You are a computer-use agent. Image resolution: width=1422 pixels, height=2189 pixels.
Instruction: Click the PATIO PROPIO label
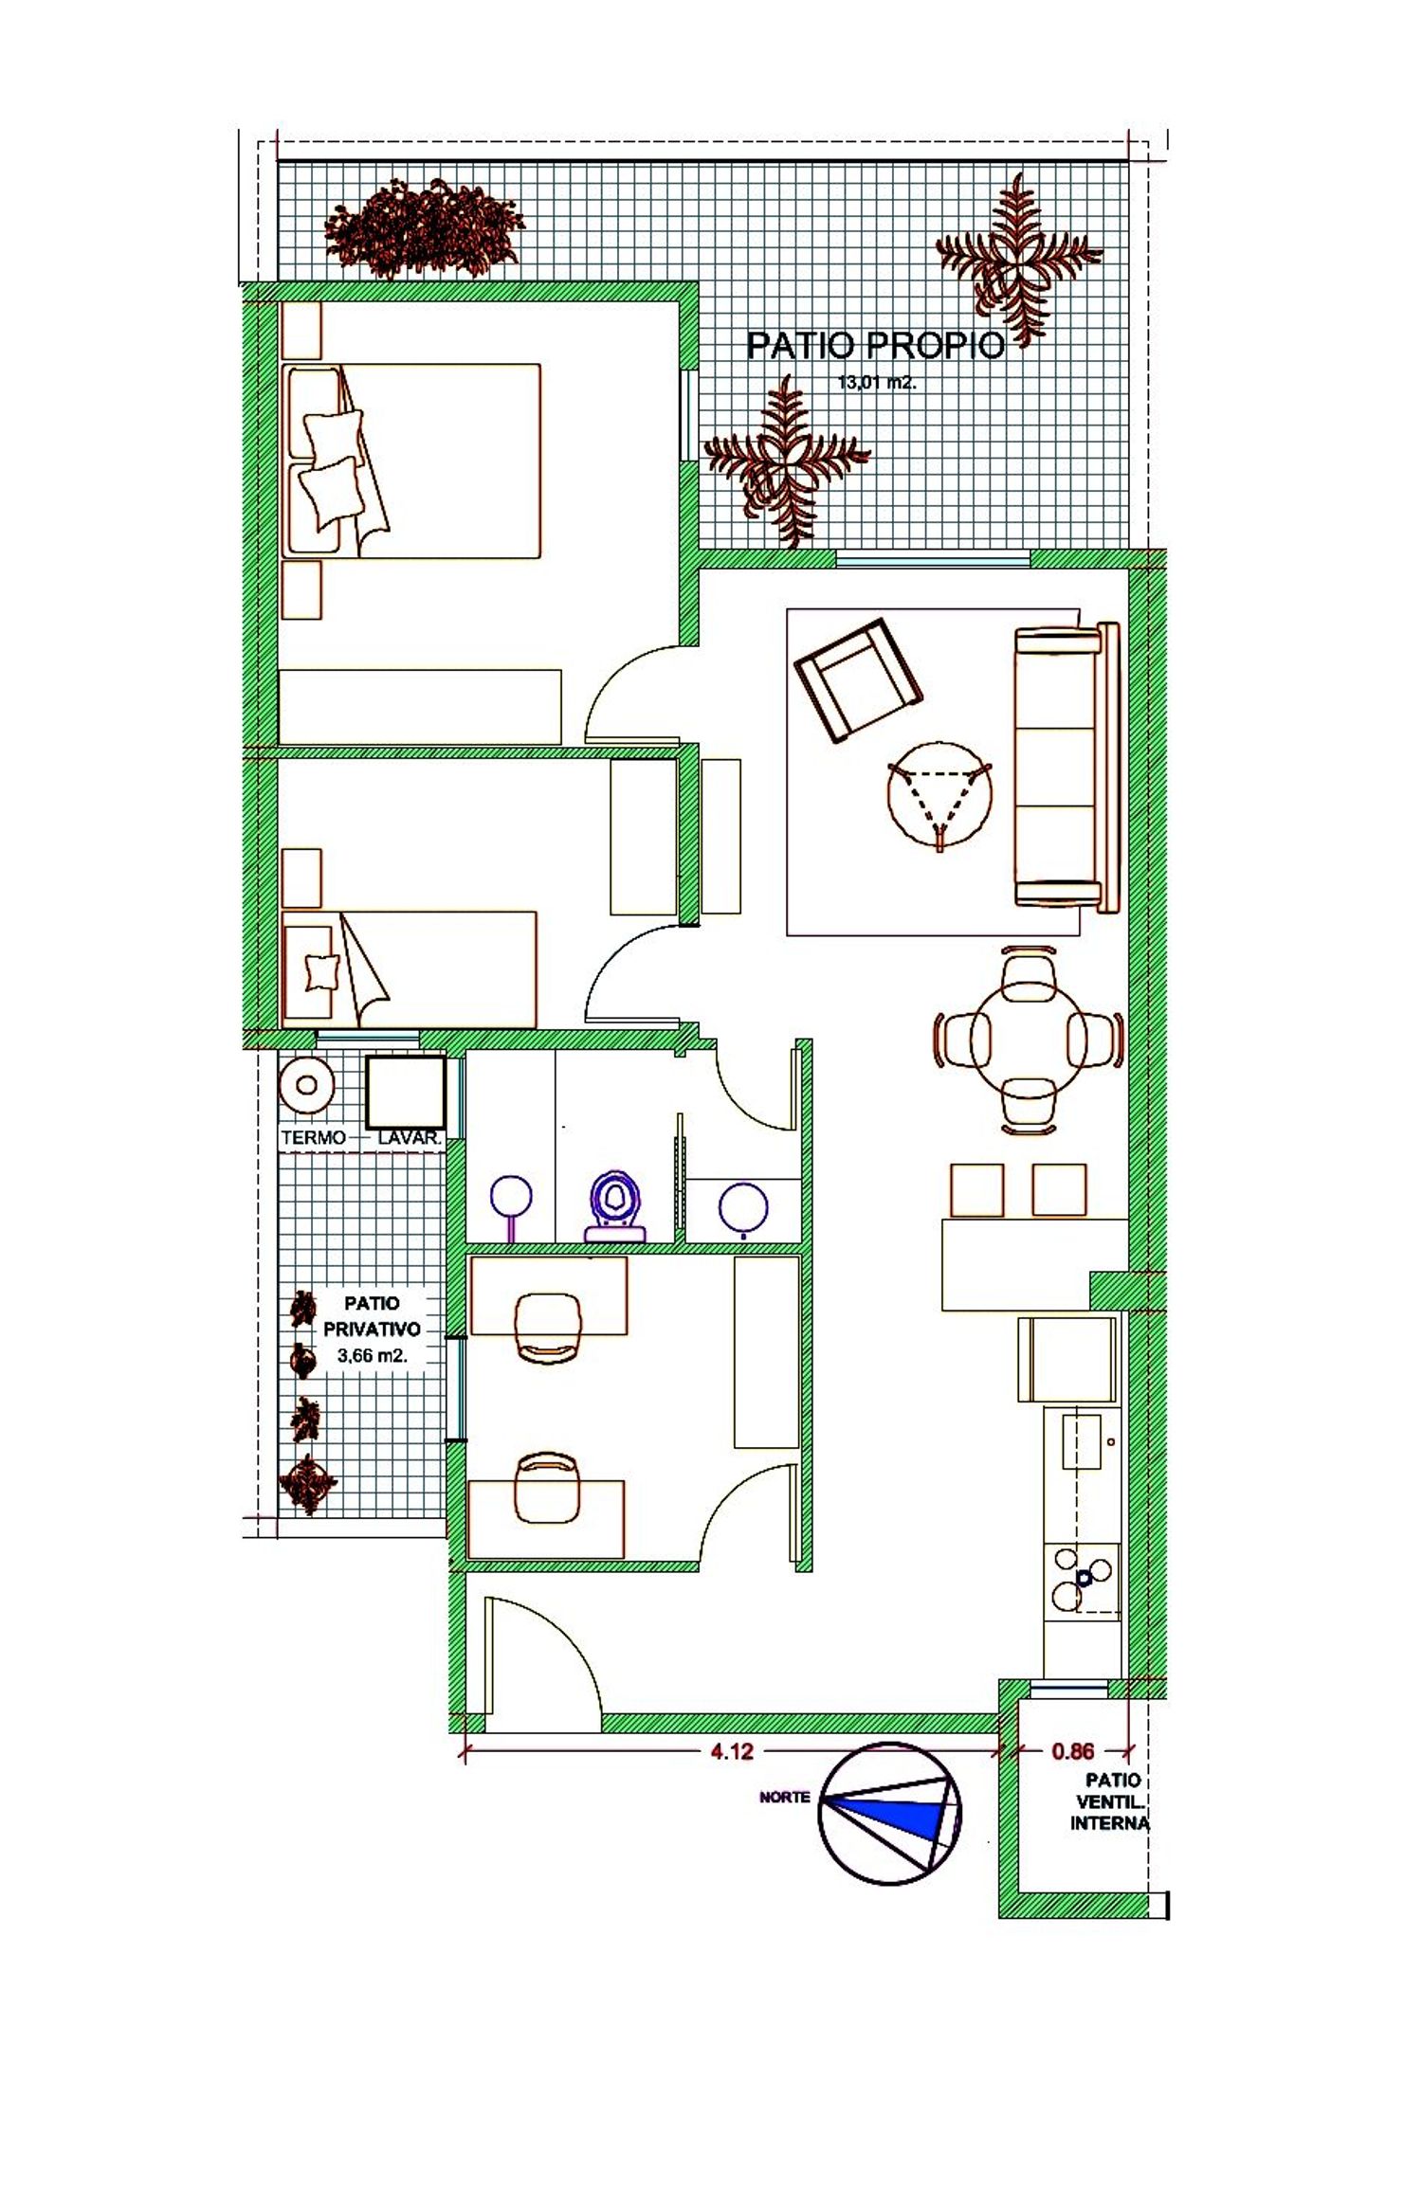coord(875,346)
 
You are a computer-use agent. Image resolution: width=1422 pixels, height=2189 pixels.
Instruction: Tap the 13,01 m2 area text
coord(877,384)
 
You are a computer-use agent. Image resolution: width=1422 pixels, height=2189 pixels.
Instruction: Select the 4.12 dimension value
coord(732,1751)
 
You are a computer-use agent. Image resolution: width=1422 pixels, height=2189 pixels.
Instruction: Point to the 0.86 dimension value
coord(1072,1751)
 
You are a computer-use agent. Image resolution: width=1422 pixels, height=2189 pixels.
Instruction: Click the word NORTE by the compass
coord(785,1797)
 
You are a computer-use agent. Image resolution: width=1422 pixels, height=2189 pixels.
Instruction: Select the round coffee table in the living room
coord(939,794)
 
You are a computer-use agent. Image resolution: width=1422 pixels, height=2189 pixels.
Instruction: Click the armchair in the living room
coord(858,679)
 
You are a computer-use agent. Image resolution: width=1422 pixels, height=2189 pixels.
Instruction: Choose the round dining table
coord(1029,1040)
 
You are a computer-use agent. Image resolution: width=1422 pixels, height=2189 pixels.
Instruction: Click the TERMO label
coord(314,1137)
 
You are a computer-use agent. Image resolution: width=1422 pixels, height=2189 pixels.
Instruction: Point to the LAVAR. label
coord(410,1137)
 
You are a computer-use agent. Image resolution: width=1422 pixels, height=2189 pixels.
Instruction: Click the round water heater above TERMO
coord(306,1085)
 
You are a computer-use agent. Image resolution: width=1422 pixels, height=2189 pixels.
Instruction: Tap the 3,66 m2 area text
coord(372,1356)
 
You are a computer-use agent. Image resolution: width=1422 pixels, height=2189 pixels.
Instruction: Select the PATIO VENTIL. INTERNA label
coord(1110,1801)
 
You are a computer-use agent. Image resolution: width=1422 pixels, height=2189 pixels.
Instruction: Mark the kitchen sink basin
coord(1081,1441)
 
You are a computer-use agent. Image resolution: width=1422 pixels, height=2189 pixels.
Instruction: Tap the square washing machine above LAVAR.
coord(406,1092)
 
